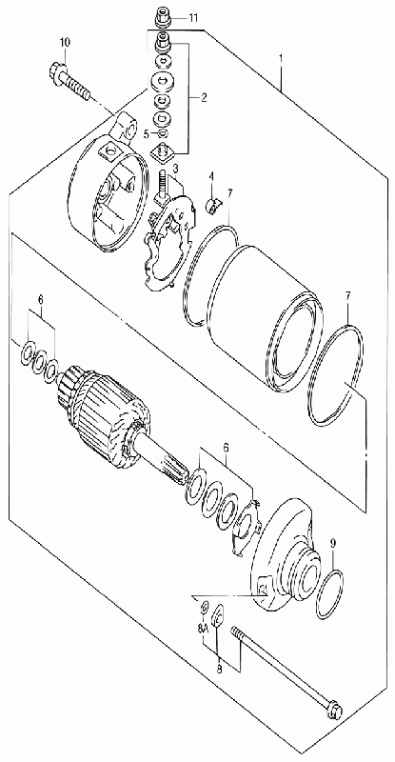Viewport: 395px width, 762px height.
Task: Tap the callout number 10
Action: pyautogui.click(x=66, y=42)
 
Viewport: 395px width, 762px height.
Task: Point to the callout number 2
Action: pyautogui.click(x=204, y=98)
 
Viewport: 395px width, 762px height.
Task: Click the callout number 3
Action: pyautogui.click(x=176, y=169)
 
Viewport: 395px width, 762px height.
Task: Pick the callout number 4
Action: pyautogui.click(x=211, y=175)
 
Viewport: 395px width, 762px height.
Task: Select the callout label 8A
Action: pyautogui.click(x=203, y=629)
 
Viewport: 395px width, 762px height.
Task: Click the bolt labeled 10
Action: pyautogui.click(x=70, y=82)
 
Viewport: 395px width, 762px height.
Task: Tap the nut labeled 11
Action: pyautogui.click(x=162, y=19)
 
